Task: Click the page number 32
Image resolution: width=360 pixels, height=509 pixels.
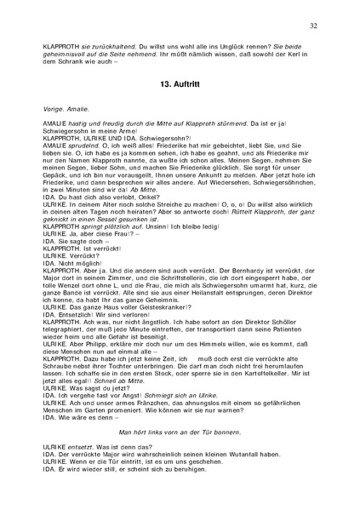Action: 313,27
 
